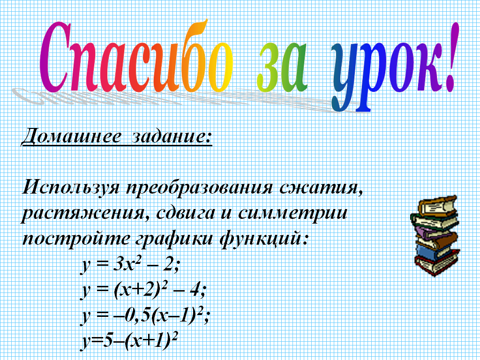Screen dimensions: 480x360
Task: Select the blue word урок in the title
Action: [386, 74]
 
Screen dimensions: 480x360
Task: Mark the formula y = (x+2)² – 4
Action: [142, 291]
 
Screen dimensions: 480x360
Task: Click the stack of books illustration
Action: [434, 236]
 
